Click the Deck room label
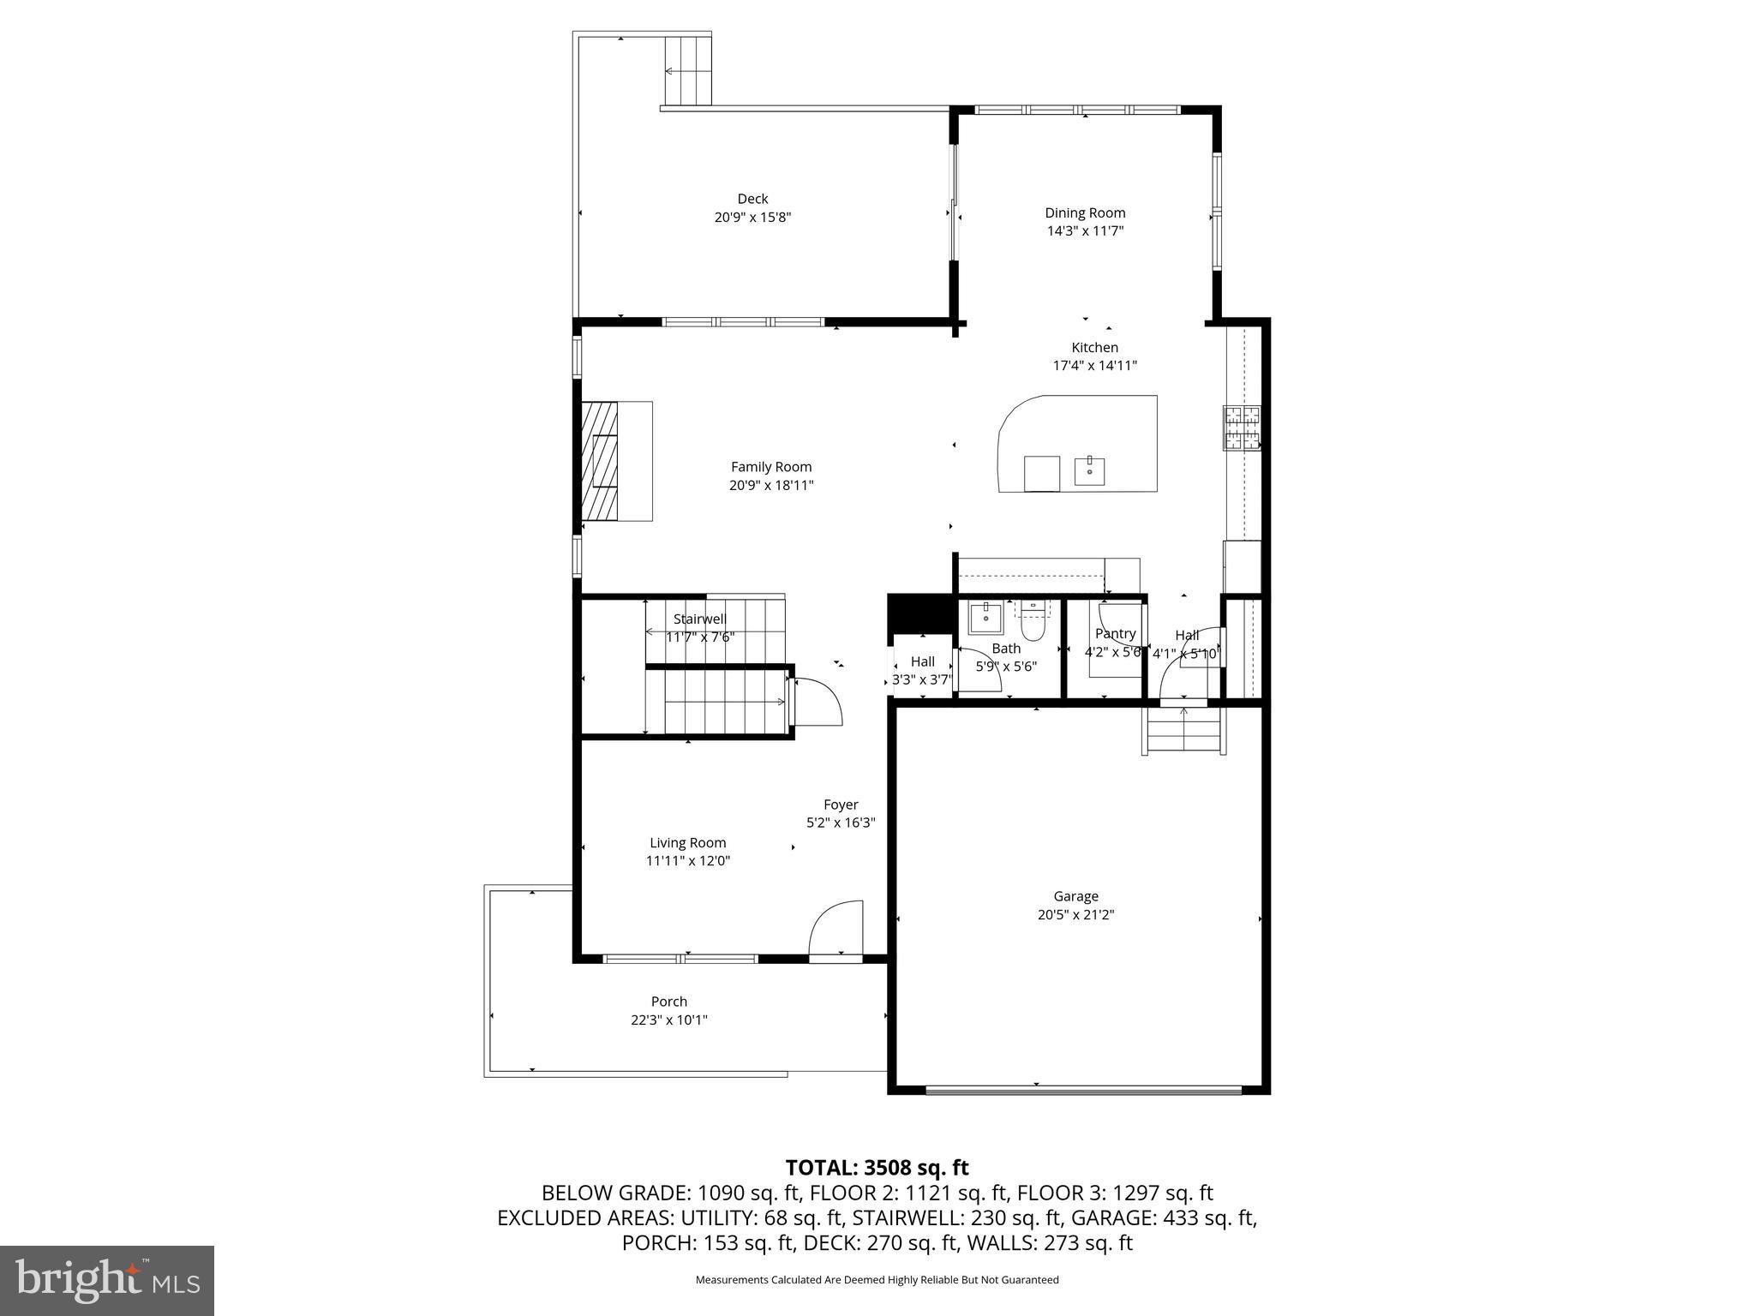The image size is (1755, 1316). tap(752, 199)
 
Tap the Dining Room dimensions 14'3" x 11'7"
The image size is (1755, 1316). tap(1085, 231)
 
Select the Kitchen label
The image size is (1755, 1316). tap(1094, 347)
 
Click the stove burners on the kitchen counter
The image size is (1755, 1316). tap(1243, 428)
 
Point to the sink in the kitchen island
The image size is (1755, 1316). tap(1089, 471)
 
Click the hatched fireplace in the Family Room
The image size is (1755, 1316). tap(600, 460)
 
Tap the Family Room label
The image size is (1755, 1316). tap(771, 467)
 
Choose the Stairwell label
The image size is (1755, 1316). tap(699, 619)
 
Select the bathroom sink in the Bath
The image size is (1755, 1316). tap(985, 617)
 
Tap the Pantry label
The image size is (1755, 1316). tap(1115, 633)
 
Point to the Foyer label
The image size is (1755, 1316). tap(841, 805)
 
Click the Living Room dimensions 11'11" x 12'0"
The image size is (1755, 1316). tap(688, 861)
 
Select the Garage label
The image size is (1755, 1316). tap(1075, 896)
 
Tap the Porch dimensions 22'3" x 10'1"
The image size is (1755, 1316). tap(669, 1020)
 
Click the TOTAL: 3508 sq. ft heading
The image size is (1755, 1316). tap(877, 1168)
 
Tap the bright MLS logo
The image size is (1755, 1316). tap(107, 1280)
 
